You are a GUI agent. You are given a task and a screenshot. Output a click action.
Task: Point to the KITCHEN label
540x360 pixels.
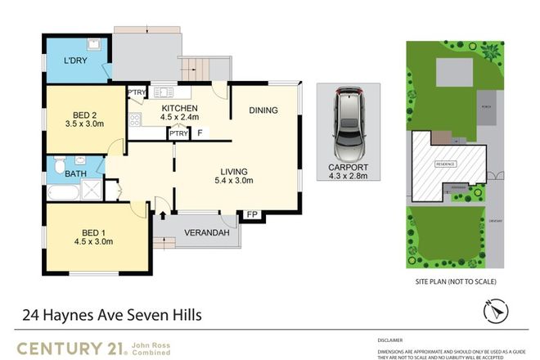pos(180,109)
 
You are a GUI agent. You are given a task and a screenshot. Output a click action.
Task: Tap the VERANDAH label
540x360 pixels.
pos(200,232)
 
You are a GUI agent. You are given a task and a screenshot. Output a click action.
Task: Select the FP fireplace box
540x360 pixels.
pos(252,215)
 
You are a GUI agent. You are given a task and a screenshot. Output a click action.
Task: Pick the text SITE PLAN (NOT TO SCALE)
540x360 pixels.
pos(456,282)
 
